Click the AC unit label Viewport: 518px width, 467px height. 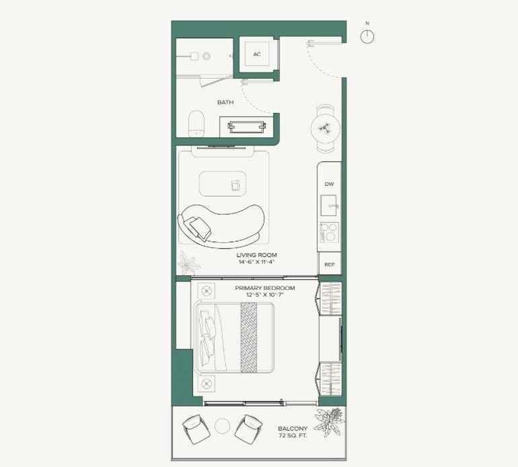(x=257, y=55)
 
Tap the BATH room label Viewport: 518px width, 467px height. (x=225, y=102)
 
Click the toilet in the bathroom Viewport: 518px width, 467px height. (x=196, y=124)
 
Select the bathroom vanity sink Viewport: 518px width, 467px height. (x=247, y=127)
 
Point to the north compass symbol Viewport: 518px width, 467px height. (x=367, y=36)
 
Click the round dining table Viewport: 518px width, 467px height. (x=326, y=129)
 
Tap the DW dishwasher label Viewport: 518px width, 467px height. (x=329, y=184)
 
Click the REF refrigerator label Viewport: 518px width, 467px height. (x=330, y=264)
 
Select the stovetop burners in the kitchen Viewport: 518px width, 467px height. (x=329, y=232)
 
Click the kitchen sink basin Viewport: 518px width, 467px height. (x=328, y=205)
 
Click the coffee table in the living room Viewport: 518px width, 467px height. (x=223, y=184)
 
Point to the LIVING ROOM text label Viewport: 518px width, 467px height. (x=257, y=255)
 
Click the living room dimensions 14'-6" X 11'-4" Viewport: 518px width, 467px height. (x=257, y=262)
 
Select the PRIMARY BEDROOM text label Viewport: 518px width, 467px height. (x=265, y=288)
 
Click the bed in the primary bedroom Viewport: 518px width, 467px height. (x=234, y=337)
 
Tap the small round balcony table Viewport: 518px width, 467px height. (x=222, y=426)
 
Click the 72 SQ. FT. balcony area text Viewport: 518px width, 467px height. (x=293, y=435)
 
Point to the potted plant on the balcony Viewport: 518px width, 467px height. (x=329, y=421)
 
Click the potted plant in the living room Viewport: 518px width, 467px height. (x=188, y=262)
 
